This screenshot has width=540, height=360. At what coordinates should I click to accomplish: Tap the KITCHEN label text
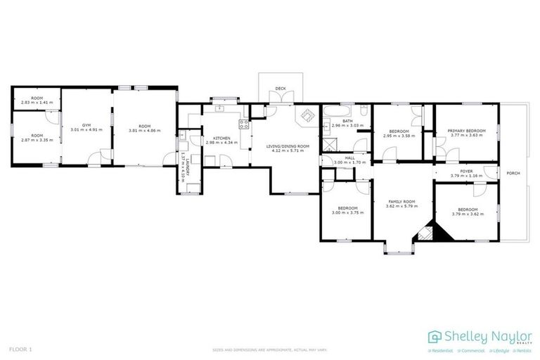click(x=212, y=138)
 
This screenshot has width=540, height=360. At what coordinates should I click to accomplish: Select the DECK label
click(x=281, y=89)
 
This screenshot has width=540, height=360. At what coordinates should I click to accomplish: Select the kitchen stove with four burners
click(x=244, y=124)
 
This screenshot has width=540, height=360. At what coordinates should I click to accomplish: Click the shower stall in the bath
click(x=328, y=145)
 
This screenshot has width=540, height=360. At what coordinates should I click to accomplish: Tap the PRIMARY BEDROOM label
click(x=467, y=130)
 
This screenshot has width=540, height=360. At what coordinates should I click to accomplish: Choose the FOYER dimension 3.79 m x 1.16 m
click(x=466, y=175)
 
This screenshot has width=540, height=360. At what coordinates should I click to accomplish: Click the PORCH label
click(x=513, y=172)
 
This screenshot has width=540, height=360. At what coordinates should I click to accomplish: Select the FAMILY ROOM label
click(x=400, y=202)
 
